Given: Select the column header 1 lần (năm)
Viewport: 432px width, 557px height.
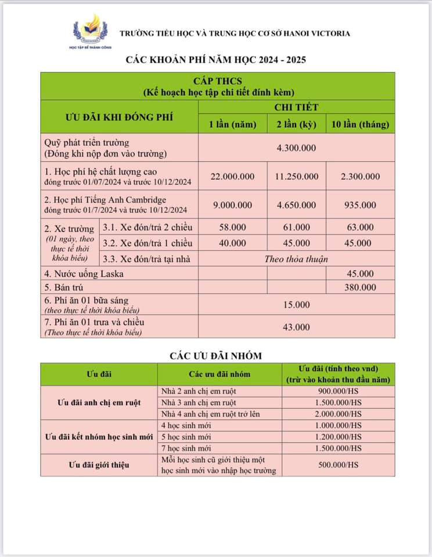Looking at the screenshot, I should click(x=232, y=124).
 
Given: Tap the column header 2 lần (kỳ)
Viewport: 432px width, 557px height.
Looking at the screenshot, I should click(x=296, y=124).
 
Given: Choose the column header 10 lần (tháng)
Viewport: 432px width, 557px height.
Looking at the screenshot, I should click(x=360, y=124).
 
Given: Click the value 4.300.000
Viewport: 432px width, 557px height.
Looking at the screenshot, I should click(x=296, y=148).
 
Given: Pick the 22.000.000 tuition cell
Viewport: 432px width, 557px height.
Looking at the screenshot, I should click(x=232, y=176).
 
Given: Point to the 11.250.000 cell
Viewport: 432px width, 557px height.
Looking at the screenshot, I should click(x=296, y=176).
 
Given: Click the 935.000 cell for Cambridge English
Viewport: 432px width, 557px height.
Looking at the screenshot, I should click(x=360, y=205).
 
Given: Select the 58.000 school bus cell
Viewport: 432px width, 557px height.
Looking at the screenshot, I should click(x=232, y=227).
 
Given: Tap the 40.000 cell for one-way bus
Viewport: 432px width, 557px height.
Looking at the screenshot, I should click(x=232, y=243).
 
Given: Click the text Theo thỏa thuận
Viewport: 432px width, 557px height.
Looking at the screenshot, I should click(x=296, y=259).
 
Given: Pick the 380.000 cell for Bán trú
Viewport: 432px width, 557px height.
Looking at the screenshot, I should click(x=360, y=287).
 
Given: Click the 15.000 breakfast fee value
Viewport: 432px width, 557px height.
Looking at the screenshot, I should click(x=296, y=305).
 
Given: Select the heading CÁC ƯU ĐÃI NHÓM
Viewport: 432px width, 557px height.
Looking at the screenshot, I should click(x=216, y=355).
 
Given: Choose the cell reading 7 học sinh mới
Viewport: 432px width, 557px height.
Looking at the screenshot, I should click(x=185, y=449).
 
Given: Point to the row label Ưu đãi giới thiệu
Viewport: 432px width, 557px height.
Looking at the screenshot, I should click(x=99, y=465).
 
